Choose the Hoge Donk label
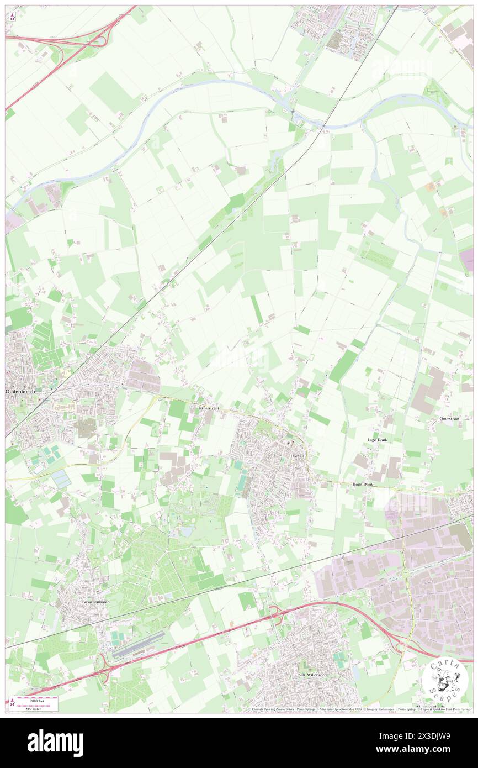coord(363,484)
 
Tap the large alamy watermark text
coord(56,743)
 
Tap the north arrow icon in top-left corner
coord(12,16)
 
